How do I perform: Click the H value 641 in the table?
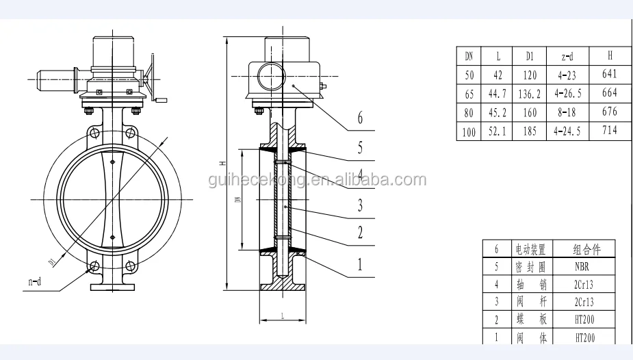(x=609, y=74)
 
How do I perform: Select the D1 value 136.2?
(x=530, y=93)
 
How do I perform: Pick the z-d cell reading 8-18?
(x=569, y=112)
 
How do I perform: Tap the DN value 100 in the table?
(x=469, y=132)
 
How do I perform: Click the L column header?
(x=498, y=55)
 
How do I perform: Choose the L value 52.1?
(x=498, y=131)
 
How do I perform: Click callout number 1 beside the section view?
(x=360, y=263)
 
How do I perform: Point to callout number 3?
(x=360, y=205)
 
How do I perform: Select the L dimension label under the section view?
(x=281, y=316)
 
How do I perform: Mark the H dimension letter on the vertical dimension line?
(x=223, y=163)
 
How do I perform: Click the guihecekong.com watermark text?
(x=316, y=181)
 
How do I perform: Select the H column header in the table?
(x=609, y=55)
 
